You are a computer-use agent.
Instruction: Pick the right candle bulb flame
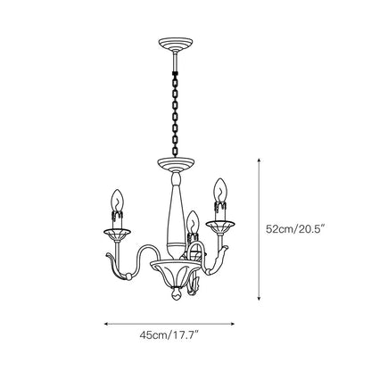(x=218, y=189)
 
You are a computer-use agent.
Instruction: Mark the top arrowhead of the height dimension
(x=260, y=159)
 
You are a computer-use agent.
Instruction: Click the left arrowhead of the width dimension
(x=106, y=324)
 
